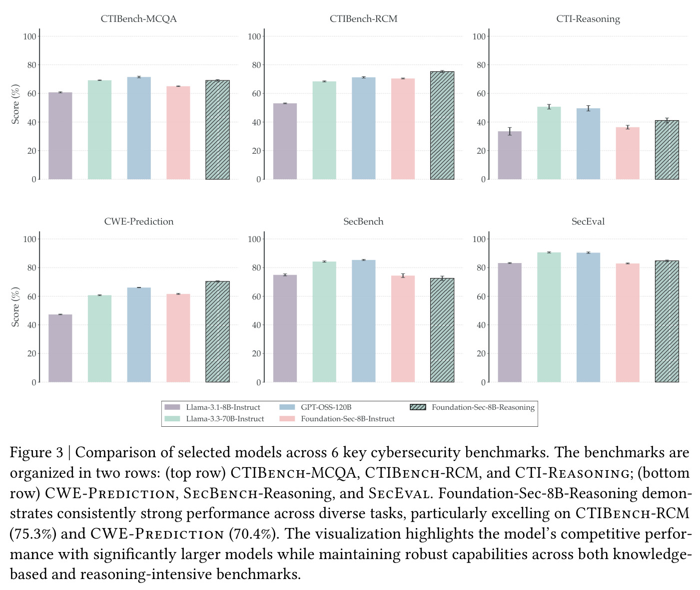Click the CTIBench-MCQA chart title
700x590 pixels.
[138, 19]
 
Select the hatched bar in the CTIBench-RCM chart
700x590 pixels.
[442, 125]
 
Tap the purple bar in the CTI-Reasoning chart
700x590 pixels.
[510, 155]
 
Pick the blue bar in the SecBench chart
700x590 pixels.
[363, 321]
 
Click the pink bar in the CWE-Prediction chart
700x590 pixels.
[178, 338]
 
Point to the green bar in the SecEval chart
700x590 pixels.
[549, 317]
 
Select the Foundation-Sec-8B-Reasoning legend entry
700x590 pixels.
[472, 407]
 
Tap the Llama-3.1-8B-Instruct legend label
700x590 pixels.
[223, 407]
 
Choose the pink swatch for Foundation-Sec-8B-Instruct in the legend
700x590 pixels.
[287, 418]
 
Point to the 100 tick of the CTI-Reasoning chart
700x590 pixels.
[479, 36]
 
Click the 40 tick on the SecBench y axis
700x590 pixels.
[256, 325]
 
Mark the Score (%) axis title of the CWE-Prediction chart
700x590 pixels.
[15, 306]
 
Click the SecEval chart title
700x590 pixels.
[588, 222]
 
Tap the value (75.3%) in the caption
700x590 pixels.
[33, 534]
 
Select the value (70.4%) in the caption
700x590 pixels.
[253, 534]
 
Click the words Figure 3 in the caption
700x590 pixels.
[36, 453]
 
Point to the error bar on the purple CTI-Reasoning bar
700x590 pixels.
[510, 131]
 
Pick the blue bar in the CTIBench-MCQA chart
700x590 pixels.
[139, 128]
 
